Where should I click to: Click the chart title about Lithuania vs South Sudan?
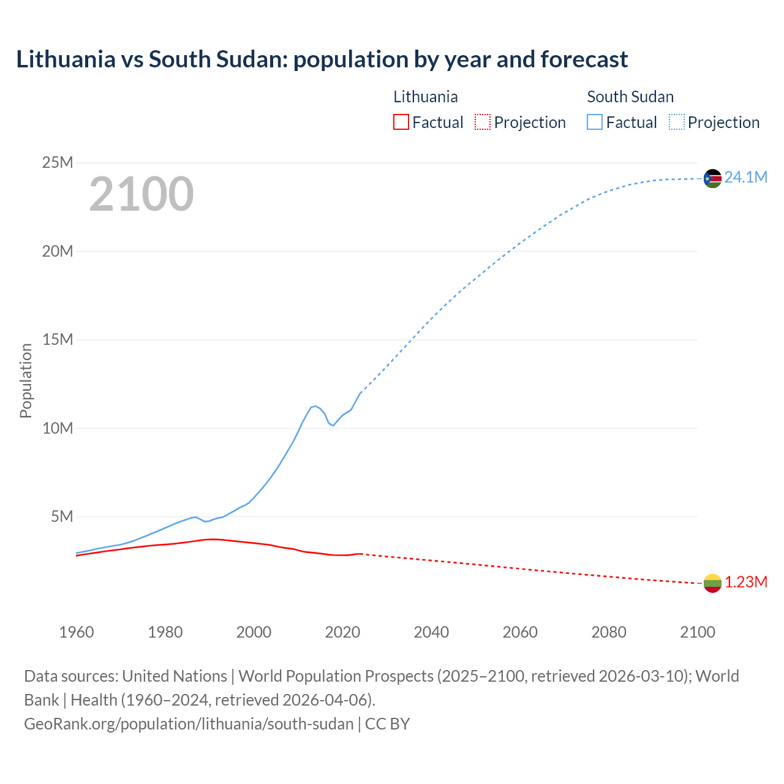322,59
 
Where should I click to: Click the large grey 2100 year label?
141,194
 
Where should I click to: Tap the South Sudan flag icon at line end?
712,178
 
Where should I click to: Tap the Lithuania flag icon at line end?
712,583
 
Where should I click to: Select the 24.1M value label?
745,178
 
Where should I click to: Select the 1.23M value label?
745,582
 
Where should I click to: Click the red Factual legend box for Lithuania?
401,123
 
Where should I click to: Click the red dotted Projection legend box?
483,123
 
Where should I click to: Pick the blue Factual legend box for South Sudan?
595,123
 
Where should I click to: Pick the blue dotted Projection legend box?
677,123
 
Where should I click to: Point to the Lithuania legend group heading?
425,97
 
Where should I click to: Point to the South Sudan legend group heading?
630,97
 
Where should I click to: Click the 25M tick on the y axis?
58,163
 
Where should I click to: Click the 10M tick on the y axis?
58,429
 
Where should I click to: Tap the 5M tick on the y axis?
62,517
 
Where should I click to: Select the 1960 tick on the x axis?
77,632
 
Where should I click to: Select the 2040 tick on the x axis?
431,632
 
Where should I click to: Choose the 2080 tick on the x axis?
609,632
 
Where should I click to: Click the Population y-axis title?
26,380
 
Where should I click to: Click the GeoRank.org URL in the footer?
189,724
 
